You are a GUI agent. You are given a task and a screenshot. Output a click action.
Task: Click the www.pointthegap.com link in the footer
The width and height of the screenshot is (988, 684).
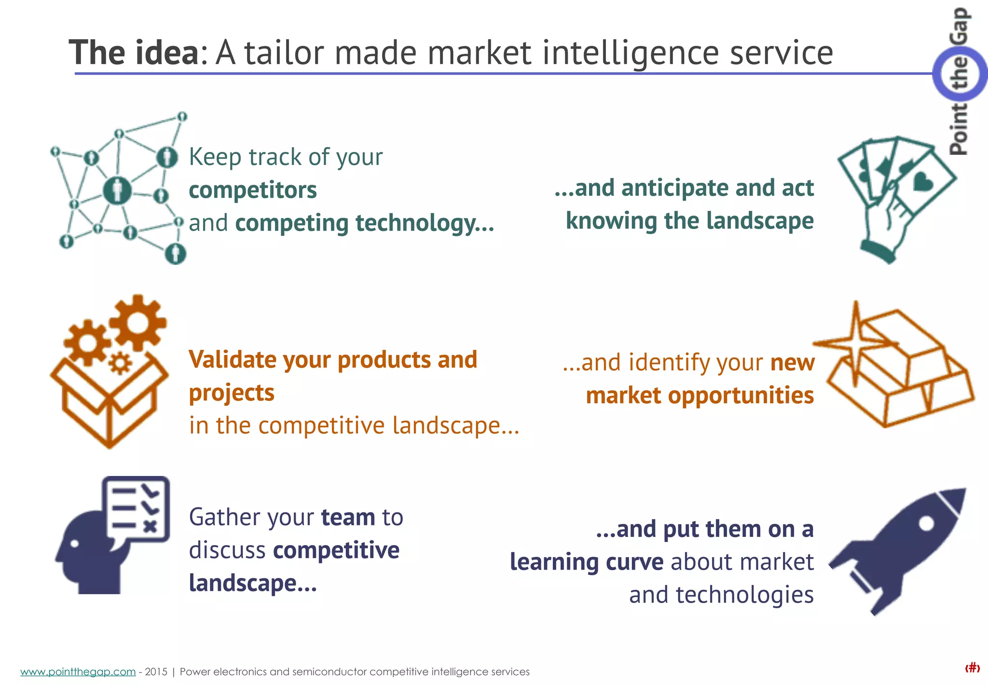click(x=78, y=671)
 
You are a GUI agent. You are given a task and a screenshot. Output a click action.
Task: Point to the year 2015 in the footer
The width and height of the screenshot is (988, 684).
click(x=156, y=671)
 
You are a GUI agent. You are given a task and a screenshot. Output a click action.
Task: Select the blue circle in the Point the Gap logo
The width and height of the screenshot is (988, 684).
click(x=959, y=74)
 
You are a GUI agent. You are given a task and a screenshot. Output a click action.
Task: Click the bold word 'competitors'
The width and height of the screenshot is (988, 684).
click(x=253, y=190)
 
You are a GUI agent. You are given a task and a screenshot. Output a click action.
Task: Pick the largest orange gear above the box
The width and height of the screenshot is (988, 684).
click(x=138, y=322)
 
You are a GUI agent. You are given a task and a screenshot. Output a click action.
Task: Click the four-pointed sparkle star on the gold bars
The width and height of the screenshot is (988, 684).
click(x=856, y=343)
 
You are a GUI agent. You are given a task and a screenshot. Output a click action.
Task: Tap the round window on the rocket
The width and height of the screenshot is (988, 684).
click(x=926, y=523)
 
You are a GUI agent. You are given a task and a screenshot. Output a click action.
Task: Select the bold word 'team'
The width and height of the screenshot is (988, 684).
click(x=348, y=518)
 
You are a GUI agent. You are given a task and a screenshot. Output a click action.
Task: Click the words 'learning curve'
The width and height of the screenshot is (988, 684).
click(x=586, y=562)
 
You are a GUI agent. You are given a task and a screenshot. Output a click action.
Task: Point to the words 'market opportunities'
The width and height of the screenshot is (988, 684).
click(x=700, y=396)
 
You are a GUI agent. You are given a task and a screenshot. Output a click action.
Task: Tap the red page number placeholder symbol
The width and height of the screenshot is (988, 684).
click(x=972, y=668)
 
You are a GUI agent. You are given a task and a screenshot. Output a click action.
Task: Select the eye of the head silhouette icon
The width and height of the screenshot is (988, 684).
click(x=74, y=543)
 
